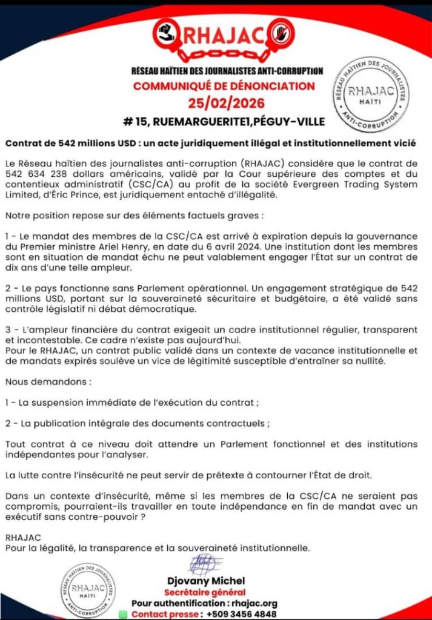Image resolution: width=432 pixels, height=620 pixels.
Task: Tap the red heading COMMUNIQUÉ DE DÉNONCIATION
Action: pos(224,86)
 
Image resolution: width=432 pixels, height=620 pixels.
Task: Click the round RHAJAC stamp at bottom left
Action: pos(88,589)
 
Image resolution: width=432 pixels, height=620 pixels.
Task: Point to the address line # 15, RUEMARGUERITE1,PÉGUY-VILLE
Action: pos(224,121)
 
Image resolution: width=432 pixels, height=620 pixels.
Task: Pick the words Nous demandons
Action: pos(47,383)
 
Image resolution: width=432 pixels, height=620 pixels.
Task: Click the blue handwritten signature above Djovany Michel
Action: pos(206,565)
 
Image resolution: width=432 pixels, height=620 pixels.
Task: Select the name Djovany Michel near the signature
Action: pos(205,581)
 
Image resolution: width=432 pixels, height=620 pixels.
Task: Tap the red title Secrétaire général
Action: pos(205,592)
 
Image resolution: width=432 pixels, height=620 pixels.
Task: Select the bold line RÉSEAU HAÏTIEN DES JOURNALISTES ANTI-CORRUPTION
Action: pos(227,71)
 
